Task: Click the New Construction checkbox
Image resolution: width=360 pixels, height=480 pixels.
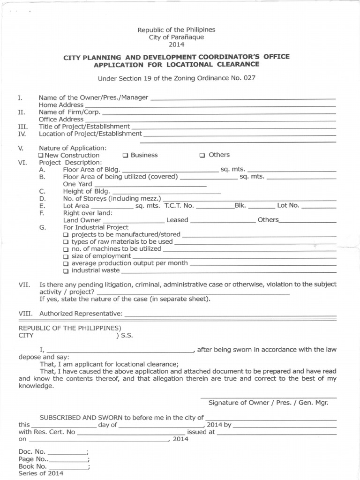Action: (41, 155)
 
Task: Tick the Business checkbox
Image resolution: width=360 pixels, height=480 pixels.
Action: (125, 155)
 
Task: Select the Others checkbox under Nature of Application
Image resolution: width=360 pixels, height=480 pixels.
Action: (202, 155)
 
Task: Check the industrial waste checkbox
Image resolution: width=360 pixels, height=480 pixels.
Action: (66, 271)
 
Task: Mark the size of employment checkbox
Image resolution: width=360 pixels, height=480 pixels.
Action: (66, 256)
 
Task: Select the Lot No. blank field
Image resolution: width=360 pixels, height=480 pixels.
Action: (318, 207)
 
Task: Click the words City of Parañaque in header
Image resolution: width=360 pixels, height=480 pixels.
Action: (176, 37)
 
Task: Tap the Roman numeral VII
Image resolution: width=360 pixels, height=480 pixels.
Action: (24, 285)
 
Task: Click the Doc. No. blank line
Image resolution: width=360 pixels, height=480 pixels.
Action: (67, 453)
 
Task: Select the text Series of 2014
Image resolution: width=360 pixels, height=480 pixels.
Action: (41, 473)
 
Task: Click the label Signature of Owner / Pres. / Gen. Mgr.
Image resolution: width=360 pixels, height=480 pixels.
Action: (268, 403)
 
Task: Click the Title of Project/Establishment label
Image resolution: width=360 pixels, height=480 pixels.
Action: (84, 127)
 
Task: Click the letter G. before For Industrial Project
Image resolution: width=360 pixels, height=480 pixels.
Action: (42, 227)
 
